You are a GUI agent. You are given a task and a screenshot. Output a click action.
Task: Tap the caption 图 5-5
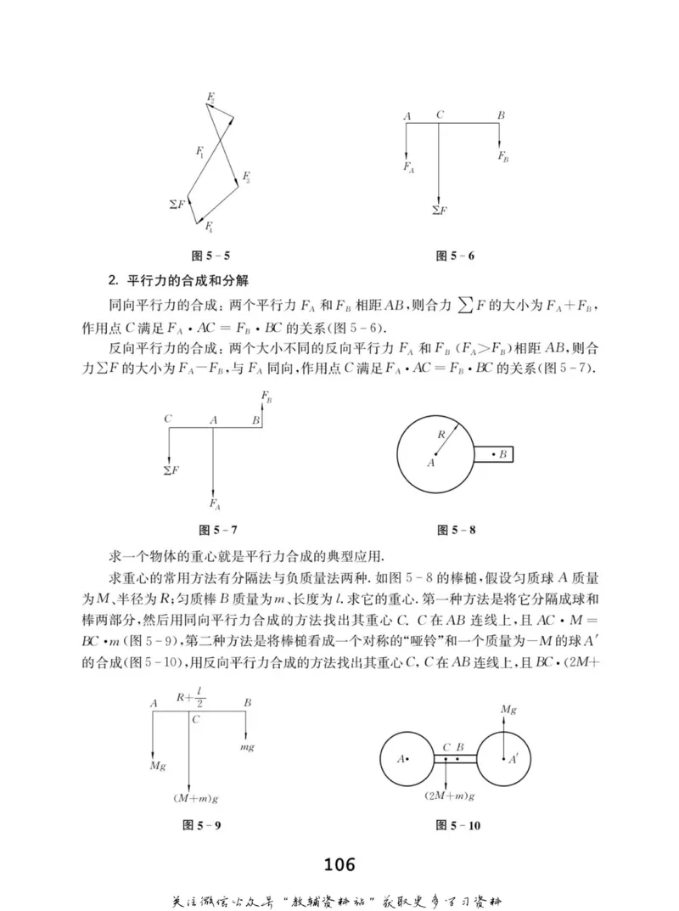tap(210, 255)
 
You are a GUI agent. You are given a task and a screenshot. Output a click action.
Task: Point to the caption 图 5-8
tap(456, 531)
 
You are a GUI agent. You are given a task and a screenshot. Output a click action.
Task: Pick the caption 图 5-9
tap(204, 824)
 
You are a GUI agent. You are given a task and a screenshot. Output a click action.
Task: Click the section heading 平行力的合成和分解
tap(188, 280)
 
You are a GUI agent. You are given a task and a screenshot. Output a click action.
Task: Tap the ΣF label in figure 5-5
tap(177, 205)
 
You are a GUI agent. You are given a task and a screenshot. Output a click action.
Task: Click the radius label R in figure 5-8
tap(441, 434)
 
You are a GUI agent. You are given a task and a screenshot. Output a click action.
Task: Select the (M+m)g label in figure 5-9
tap(191, 797)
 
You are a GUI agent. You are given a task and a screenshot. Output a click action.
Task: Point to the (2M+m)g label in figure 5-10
tap(449, 796)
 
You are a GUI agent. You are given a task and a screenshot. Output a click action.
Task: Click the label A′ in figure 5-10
tap(513, 760)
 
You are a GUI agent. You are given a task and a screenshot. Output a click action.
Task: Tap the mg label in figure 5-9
tap(247, 746)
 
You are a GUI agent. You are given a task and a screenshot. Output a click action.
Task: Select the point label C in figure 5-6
tap(441, 115)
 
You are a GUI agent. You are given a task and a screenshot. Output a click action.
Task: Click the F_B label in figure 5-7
tap(267, 397)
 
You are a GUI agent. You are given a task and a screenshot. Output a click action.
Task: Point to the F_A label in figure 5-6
tap(409, 167)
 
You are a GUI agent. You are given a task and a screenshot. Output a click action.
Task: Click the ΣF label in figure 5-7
tap(170, 470)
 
